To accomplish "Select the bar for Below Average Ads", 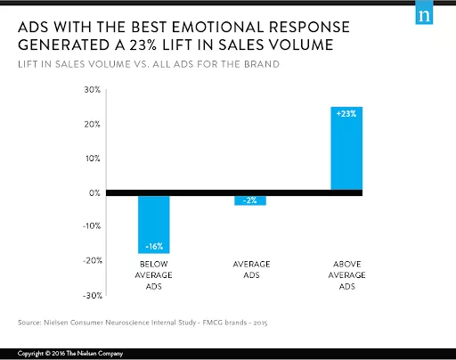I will [x=153, y=224].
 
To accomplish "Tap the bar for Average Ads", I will [x=250, y=200].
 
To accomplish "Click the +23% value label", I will [x=346, y=114].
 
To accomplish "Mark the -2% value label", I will [x=250, y=201].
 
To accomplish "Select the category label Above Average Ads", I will [x=346, y=276].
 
